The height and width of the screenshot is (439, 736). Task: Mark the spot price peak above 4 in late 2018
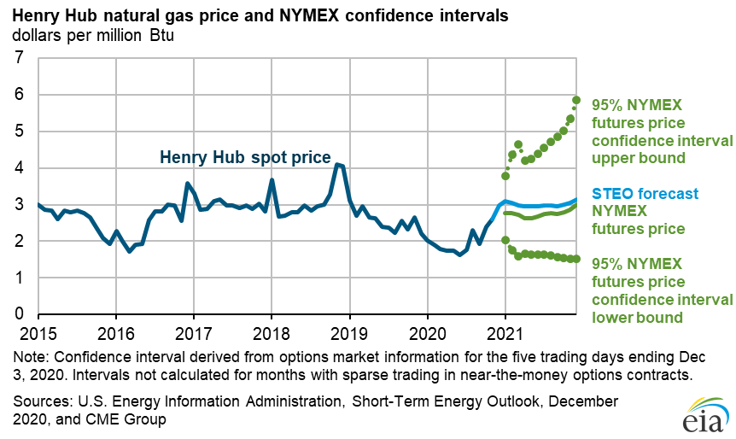[338, 165]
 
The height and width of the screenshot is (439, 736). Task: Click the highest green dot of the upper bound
[576, 100]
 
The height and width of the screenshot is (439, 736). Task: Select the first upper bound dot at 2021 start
[505, 176]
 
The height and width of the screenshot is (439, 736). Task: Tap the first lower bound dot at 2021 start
[505, 241]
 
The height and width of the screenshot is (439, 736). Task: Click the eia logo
[701, 416]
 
